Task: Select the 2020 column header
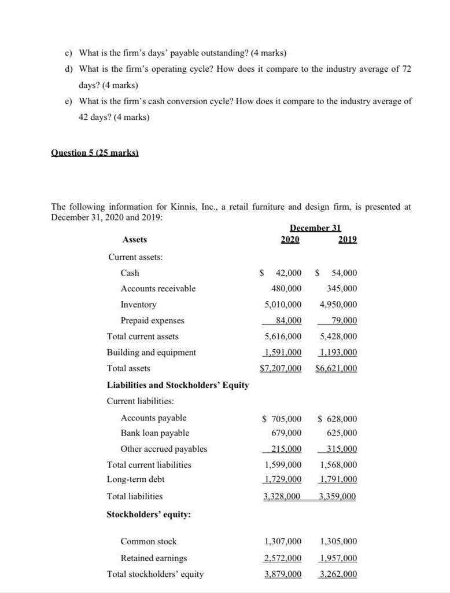290,239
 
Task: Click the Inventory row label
138,305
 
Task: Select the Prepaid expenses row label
152,320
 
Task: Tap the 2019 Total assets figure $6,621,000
337,368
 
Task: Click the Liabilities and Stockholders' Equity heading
178,385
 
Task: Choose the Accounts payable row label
153,418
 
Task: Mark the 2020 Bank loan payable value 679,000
286,433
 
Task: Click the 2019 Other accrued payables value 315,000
341,449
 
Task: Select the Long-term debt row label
135,479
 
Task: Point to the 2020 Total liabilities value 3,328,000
283,496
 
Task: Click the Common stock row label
149,541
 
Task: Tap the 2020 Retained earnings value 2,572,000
283,558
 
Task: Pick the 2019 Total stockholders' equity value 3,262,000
338,574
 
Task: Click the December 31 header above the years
315,228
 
